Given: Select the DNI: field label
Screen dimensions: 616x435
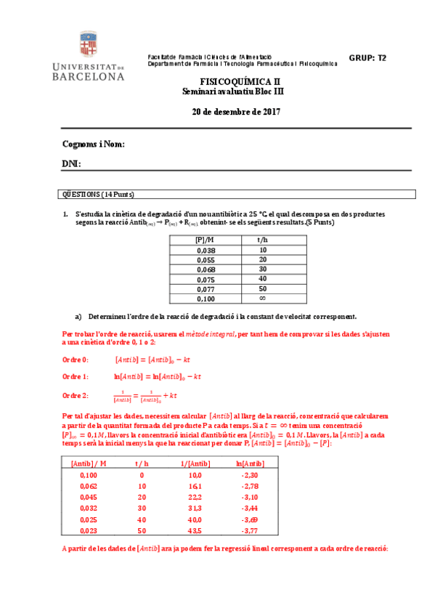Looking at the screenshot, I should coord(71,165).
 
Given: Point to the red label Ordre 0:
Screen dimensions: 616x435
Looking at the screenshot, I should coord(76,359).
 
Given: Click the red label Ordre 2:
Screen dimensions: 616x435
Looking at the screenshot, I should coord(76,395).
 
